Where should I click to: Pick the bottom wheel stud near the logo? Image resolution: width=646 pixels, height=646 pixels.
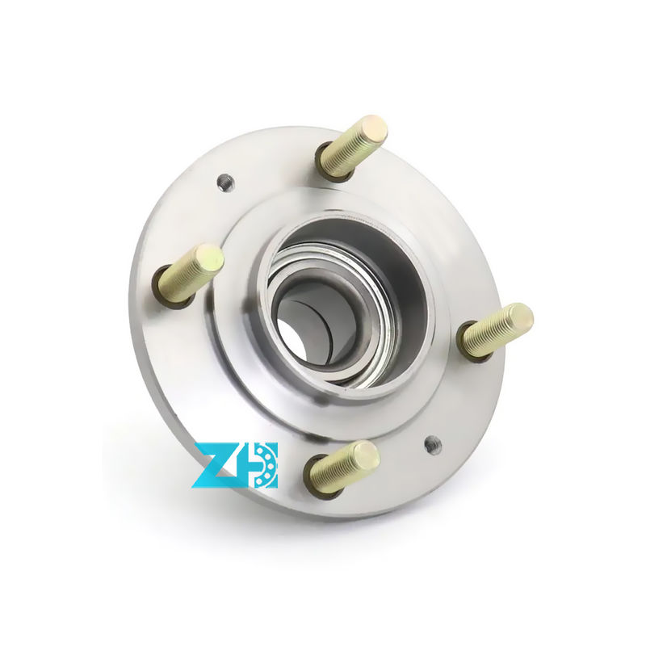[343, 467]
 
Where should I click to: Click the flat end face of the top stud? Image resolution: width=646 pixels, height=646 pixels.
[374, 130]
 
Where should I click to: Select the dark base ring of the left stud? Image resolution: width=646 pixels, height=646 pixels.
[166, 292]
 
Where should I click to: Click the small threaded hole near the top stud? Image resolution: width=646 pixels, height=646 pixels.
[226, 182]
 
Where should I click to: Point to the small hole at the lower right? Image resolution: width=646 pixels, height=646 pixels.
[433, 443]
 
